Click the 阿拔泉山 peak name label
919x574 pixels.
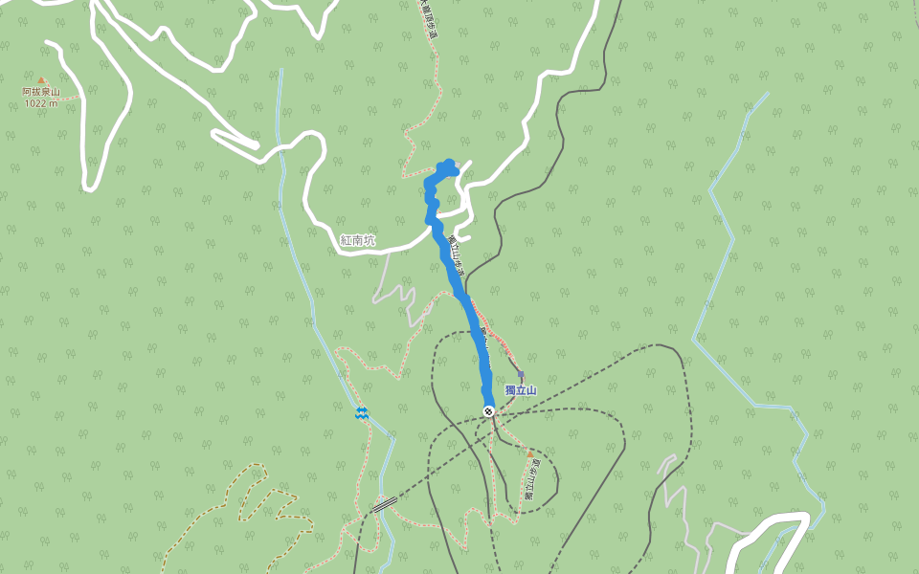[x=41, y=92]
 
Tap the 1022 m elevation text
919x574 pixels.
[x=41, y=102]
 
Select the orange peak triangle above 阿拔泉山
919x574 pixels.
[x=41, y=81]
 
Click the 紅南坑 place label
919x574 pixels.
[x=358, y=240]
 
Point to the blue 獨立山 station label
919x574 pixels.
[x=521, y=390]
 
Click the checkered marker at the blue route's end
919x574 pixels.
[x=489, y=411]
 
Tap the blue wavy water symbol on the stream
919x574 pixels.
[x=362, y=412]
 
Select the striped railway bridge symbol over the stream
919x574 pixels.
[x=385, y=503]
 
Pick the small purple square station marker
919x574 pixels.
[x=520, y=374]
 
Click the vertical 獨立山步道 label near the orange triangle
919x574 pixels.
[x=529, y=479]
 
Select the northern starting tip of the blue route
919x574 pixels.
[x=449, y=165]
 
